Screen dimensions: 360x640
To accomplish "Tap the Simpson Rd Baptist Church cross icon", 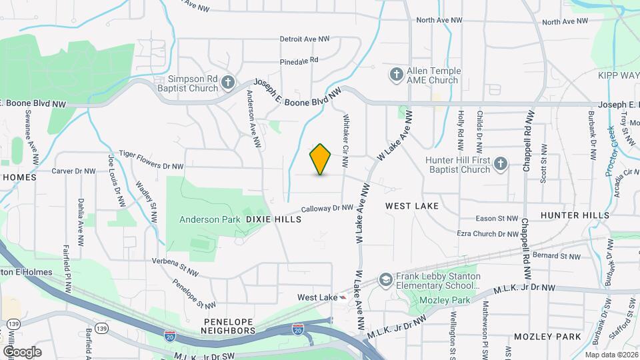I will tap(228, 83).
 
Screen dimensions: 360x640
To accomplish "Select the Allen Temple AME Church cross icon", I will tap(396, 73).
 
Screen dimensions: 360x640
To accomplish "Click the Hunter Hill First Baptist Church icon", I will tap(501, 163).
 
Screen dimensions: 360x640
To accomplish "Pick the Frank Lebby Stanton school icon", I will tap(385, 279).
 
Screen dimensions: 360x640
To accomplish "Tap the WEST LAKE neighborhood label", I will tap(412, 206).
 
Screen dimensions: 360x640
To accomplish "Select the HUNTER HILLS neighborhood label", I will tap(575, 215).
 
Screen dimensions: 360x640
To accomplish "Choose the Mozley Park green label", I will tap(445, 300).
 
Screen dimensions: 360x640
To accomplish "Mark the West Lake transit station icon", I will tap(343, 297).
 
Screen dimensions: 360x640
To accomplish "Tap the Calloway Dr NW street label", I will tap(327, 209).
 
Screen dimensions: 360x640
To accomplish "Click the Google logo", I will tap(22, 351).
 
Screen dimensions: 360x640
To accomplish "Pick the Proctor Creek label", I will tap(612, 151).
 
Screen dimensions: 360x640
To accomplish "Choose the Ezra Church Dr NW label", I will tap(487, 234).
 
